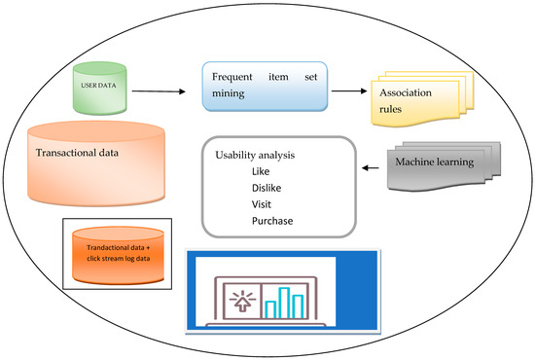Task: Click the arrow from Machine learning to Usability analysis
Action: pos(372,168)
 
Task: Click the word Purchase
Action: pos(272,222)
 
